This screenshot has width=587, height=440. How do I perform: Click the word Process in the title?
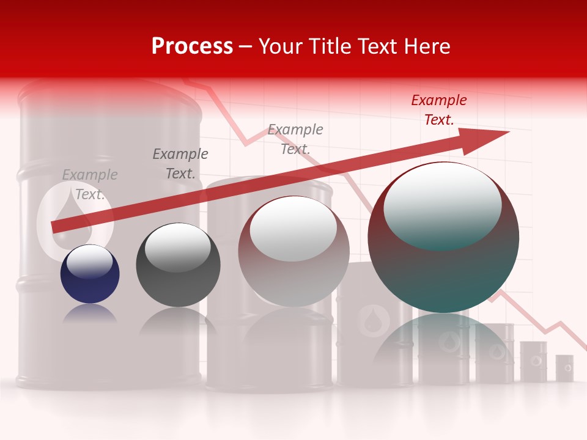192,46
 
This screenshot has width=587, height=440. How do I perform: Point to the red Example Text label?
438,110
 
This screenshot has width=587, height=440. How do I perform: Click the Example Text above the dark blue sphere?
89,185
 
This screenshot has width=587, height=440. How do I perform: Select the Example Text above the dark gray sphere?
180,164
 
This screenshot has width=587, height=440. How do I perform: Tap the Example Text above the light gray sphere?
295,139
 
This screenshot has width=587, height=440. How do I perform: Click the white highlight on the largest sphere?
442,205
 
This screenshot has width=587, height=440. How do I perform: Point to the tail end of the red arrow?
56,227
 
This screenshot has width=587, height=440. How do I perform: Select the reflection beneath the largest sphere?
443,342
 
